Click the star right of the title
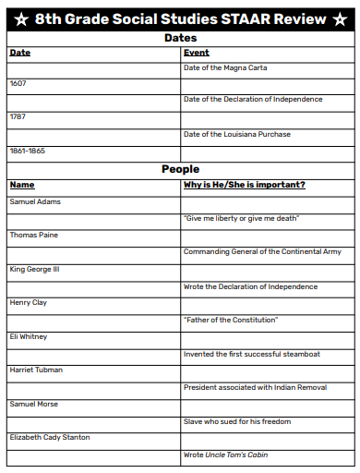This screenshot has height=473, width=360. point(340,19)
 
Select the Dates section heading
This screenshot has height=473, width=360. point(180,38)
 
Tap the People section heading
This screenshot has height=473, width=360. point(180,169)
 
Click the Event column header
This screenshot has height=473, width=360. point(196,53)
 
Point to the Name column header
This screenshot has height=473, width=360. point(21,185)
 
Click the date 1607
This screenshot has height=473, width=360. point(18,83)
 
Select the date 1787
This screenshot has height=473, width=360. point(18,116)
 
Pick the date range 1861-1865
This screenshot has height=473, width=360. point(27,150)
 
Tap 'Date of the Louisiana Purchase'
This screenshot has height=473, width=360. point(236,134)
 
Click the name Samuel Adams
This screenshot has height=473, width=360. point(34,201)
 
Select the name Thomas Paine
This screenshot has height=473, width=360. point(33,235)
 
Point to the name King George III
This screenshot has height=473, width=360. point(34,268)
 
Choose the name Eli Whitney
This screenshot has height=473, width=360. point(29,336)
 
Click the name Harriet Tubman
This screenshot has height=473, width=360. point(35,370)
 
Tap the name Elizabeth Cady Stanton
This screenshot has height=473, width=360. point(50,437)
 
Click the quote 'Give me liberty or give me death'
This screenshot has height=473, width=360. point(241,218)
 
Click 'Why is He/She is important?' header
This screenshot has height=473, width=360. point(245,185)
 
